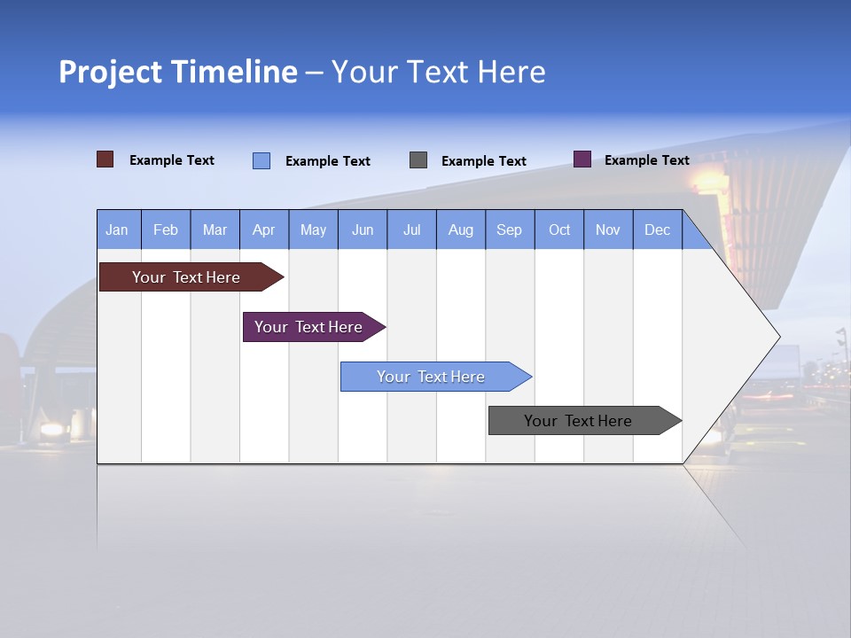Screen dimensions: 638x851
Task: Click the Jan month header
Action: tap(117, 230)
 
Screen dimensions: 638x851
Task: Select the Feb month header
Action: tap(166, 230)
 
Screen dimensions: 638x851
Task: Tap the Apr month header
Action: tap(263, 230)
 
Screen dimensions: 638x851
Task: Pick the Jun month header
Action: tap(362, 230)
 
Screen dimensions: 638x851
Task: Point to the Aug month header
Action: tap(460, 230)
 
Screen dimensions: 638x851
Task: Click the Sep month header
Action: tap(509, 230)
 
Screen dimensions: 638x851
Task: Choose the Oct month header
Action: tap(558, 230)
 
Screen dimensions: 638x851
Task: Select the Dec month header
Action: tap(657, 230)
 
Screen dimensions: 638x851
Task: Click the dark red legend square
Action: tap(105, 159)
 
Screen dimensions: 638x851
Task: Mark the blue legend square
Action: tap(261, 160)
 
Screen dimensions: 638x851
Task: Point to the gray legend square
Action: tap(418, 159)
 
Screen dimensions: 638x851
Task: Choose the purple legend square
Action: tap(582, 159)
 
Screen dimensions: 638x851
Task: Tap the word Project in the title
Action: tap(109, 72)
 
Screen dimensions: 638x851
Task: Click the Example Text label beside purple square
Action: tap(646, 160)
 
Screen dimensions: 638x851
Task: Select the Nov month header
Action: tap(607, 230)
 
